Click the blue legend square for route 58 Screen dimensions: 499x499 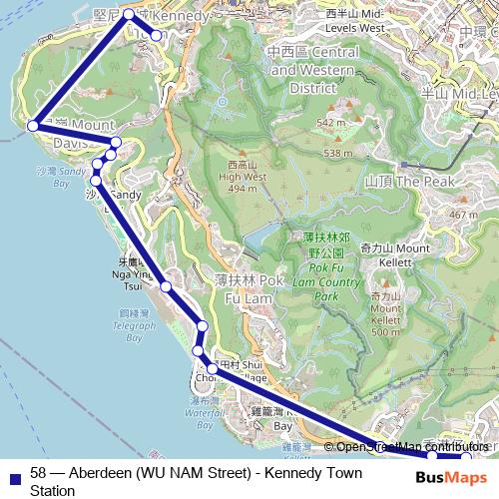(x=13, y=475)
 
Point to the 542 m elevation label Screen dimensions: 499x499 (x=330, y=123)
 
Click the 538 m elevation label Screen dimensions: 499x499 (x=337, y=153)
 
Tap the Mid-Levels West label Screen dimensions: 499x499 (x=355, y=21)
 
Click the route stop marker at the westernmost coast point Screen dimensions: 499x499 (x=32, y=126)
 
